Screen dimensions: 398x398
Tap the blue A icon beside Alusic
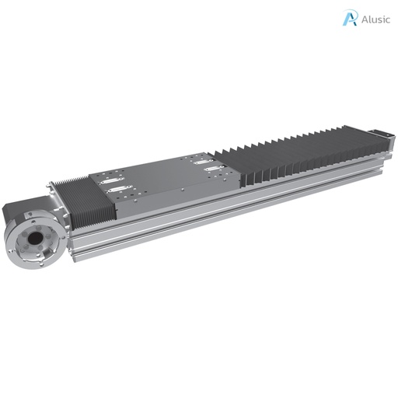tap(350, 19)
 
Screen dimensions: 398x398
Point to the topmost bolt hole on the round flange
tap(33, 219)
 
